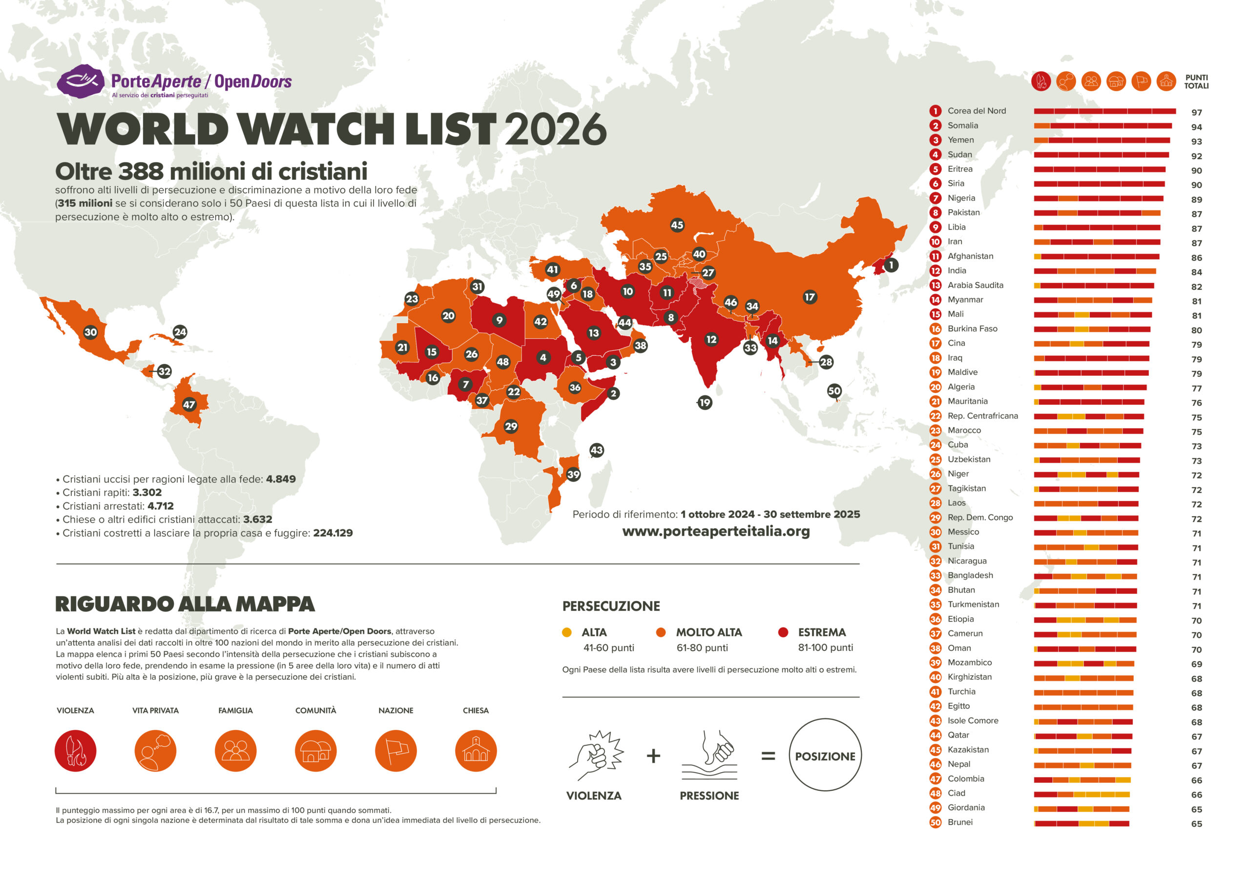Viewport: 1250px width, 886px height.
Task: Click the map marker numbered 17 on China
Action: tap(810, 297)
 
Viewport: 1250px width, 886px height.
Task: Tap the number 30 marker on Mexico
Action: tap(90, 332)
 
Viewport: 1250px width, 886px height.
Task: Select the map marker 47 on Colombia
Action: tap(188, 404)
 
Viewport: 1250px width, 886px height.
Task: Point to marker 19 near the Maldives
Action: tap(705, 403)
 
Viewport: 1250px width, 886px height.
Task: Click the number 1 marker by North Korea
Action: tap(891, 265)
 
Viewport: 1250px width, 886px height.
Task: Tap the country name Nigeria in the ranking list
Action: tap(961, 198)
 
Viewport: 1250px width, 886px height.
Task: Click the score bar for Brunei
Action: tap(1082, 823)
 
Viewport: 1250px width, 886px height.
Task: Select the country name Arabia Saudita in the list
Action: tap(975, 285)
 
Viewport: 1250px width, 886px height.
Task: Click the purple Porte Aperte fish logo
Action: tap(81, 82)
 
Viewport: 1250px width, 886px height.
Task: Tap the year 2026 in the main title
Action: tap(555, 130)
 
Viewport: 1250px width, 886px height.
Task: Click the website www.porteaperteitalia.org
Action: tap(716, 531)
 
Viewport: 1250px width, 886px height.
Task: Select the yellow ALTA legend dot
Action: tap(566, 632)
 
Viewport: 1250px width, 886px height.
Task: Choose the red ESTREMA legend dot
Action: tap(783, 632)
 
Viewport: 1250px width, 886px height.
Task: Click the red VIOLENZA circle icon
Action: tap(75, 751)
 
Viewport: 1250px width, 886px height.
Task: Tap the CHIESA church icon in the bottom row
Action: tap(476, 751)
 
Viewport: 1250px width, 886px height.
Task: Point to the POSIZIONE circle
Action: tap(825, 756)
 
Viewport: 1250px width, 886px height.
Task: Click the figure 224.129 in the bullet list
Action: tap(333, 533)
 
